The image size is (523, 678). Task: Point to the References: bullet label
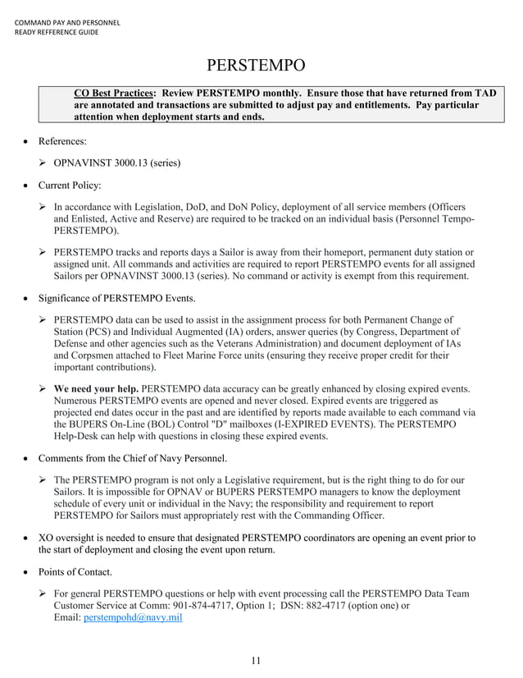[x=62, y=141]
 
